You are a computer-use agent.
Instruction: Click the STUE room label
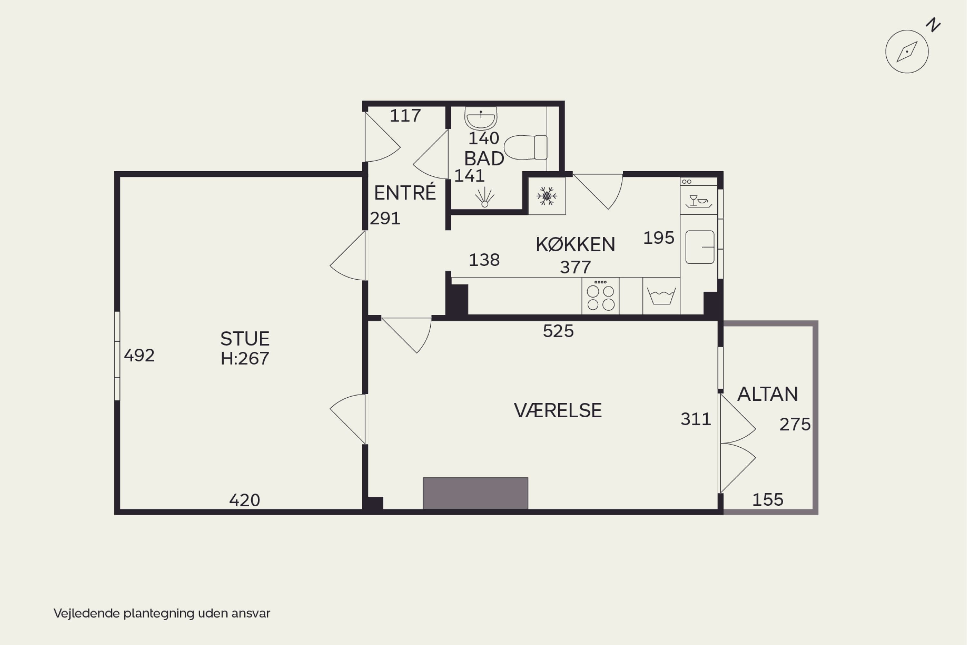tap(245, 339)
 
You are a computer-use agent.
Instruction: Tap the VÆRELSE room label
tap(558, 411)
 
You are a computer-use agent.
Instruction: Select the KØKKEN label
tap(576, 244)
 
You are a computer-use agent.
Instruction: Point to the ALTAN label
tap(767, 394)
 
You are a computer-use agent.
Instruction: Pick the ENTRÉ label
tap(405, 192)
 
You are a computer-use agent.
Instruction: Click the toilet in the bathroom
tap(525, 147)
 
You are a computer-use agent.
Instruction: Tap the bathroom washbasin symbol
tap(481, 118)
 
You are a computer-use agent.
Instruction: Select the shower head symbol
tap(485, 197)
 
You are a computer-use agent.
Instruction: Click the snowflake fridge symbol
tap(547, 196)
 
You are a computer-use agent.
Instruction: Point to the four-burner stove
tap(600, 296)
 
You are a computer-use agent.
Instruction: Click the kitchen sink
tap(700, 247)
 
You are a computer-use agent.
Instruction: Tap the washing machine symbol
tap(661, 296)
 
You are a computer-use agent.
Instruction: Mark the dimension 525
tap(558, 331)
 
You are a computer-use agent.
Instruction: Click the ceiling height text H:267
tap(245, 359)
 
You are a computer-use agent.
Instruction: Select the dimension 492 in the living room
tap(139, 355)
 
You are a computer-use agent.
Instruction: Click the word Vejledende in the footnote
tap(87, 613)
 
